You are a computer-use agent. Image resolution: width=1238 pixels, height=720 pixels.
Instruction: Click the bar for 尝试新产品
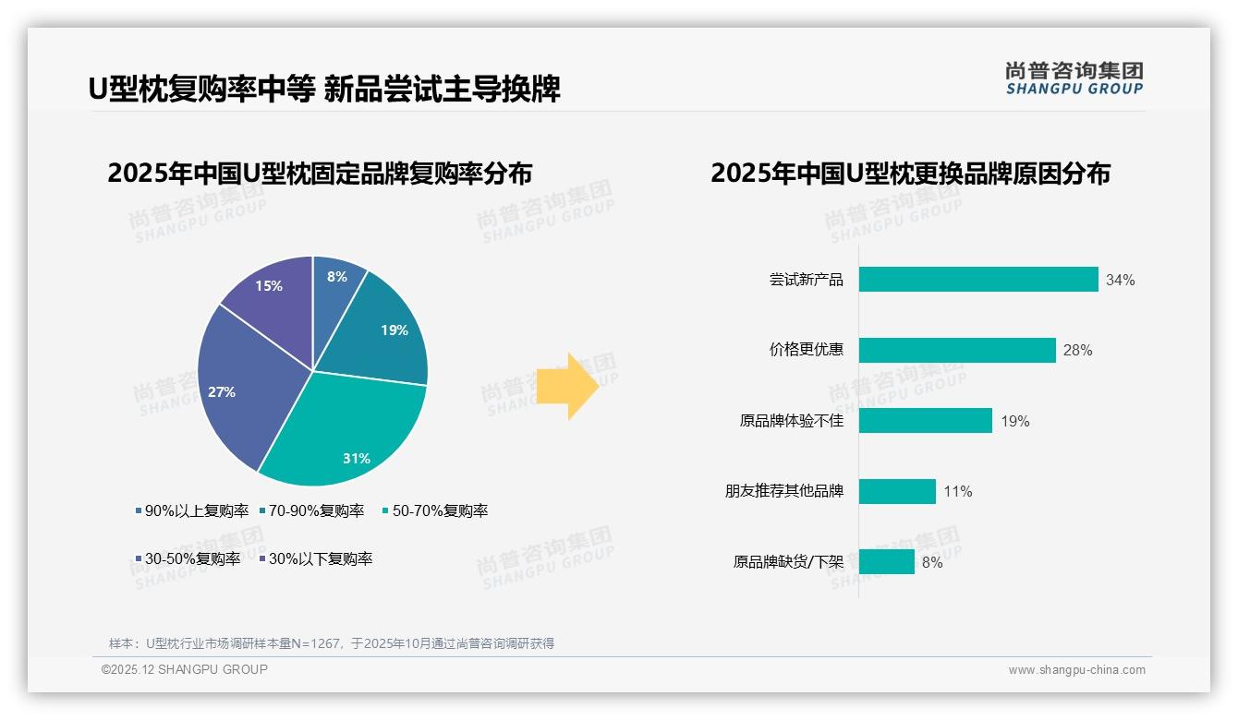978,280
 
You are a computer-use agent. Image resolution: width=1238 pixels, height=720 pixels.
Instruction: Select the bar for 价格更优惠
957,351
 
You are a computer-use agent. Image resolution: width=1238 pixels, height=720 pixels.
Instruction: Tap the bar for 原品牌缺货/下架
887,562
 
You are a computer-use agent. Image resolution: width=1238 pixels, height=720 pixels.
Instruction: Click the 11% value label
958,492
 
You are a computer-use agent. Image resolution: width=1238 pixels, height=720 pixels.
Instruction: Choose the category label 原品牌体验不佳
792,421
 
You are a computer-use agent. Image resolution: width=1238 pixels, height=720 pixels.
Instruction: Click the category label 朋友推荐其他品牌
784,491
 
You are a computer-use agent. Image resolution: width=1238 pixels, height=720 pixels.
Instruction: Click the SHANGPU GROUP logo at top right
1074,78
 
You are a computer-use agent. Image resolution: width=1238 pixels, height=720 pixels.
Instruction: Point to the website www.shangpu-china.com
1076,670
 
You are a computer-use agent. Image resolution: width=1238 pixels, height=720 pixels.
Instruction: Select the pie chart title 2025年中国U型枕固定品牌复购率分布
320,174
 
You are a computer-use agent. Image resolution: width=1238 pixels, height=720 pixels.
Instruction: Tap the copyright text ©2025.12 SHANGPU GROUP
184,669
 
